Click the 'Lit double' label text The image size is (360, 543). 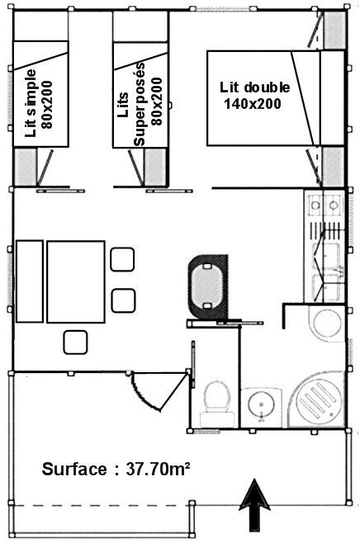pyautogui.click(x=254, y=87)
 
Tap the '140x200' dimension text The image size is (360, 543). pyautogui.click(x=252, y=103)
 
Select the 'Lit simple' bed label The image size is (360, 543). pyautogui.click(x=31, y=103)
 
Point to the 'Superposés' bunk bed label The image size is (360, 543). pyautogui.click(x=140, y=104)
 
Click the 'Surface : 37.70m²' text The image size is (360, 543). pyautogui.click(x=116, y=469)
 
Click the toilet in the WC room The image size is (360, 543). pyautogui.click(x=217, y=403)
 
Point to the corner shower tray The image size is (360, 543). pyautogui.click(x=316, y=399)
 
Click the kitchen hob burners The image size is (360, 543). pyautogui.click(x=324, y=205)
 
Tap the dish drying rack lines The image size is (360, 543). pyautogui.click(x=325, y=230)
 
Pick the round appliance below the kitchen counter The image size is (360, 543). pyautogui.click(x=328, y=323)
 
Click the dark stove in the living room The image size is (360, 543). pyautogui.click(x=208, y=286)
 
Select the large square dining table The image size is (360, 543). pyautogui.click(x=76, y=281)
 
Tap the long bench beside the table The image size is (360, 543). pyautogui.click(x=30, y=281)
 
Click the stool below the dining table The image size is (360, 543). pyautogui.click(x=75, y=342)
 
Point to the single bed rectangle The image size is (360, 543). pyautogui.click(x=41, y=93)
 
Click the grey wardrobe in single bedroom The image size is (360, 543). pyautogui.click(x=26, y=167)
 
